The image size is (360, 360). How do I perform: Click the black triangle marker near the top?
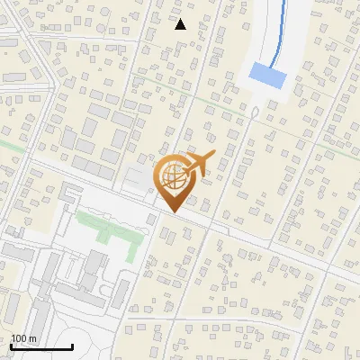click(180, 24)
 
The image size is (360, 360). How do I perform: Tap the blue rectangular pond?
click(267, 76)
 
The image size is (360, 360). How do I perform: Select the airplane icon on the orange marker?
click(202, 165)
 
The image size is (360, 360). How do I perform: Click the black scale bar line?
click(41, 346)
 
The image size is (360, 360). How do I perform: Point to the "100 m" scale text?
click(24, 337)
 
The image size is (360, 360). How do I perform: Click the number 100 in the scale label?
click(19, 337)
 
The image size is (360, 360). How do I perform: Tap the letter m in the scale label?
click(33, 338)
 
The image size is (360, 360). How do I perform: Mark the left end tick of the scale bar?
click(12, 345)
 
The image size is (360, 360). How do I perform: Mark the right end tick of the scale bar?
click(72, 345)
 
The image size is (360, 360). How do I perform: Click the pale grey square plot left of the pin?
click(138, 178)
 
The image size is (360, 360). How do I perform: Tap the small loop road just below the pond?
click(255, 113)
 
